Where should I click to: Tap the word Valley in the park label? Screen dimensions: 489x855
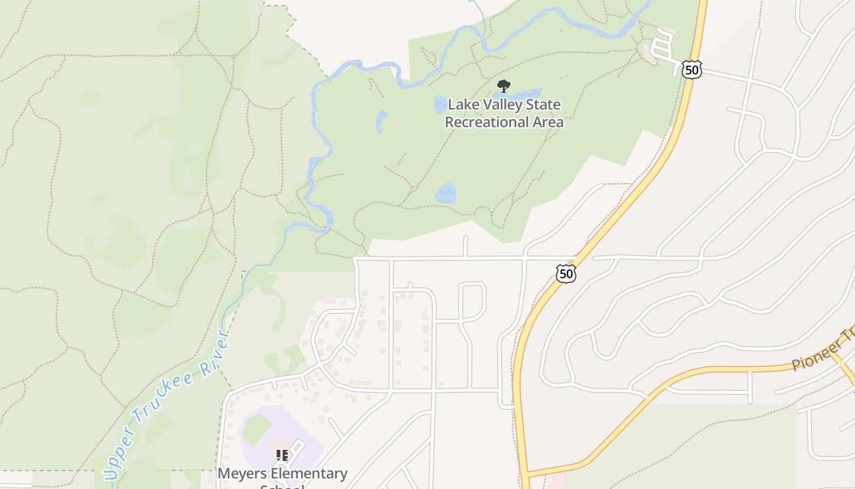(502, 105)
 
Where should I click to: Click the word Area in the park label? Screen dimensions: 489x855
(549, 122)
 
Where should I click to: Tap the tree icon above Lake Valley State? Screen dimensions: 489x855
(503, 86)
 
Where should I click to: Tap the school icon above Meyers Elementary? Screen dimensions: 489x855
(282, 455)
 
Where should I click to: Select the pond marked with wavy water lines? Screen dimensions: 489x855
(445, 194)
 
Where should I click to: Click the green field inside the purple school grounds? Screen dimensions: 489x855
(257, 428)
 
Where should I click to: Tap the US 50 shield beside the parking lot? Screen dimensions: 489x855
(692, 69)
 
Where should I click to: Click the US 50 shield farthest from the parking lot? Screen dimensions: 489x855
(566, 273)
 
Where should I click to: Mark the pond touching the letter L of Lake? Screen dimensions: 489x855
(440, 105)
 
